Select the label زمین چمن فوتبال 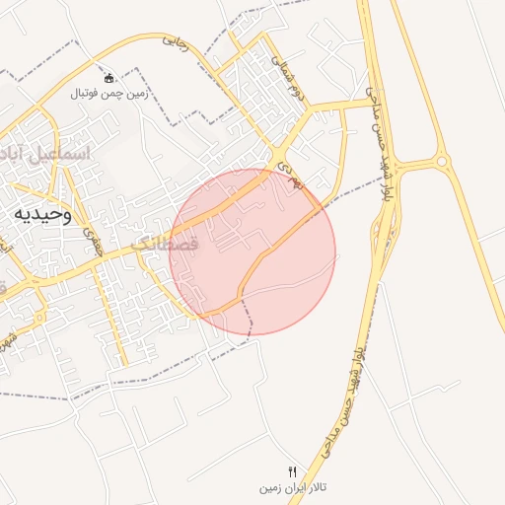(x=108, y=95)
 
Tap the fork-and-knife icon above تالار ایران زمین (x=292, y=471)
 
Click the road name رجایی (x=175, y=41)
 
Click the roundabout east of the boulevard (x=441, y=161)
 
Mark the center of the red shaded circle (x=252, y=252)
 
